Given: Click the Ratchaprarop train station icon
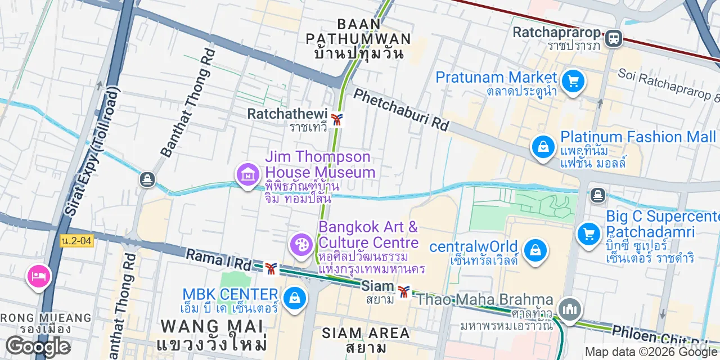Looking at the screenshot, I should click(613, 38).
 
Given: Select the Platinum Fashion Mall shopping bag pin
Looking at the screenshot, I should click(543, 147).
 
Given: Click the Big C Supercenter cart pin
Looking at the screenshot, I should click(588, 233).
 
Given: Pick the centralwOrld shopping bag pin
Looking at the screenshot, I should click(535, 250).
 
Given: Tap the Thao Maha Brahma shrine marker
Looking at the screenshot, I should click(570, 309).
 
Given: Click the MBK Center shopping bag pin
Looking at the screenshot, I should click(295, 298).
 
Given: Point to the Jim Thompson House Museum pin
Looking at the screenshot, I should click(247, 175).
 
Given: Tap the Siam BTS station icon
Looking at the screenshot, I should click(403, 291).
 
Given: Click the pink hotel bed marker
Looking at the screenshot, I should click(39, 276).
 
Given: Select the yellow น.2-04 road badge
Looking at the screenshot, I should click(76, 241).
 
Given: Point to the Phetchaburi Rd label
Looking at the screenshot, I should click(401, 110).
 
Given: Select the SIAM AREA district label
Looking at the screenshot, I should click(366, 332).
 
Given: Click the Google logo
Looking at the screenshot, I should click(38, 346).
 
